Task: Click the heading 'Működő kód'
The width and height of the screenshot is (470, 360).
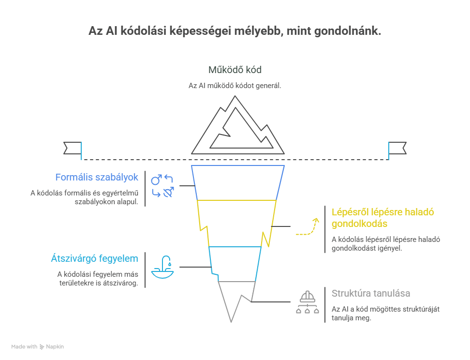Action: pyautogui.click(x=235, y=70)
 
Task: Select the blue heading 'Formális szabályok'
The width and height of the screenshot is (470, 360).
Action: pyautogui.click(x=97, y=177)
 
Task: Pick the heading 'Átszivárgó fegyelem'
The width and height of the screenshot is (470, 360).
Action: pyautogui.click(x=94, y=258)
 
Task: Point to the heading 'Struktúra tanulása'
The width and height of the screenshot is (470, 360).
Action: pyautogui.click(x=371, y=293)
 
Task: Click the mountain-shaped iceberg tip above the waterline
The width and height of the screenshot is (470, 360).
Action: pyautogui.click(x=237, y=127)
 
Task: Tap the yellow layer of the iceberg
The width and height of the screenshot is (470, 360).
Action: pyautogui.click(x=236, y=223)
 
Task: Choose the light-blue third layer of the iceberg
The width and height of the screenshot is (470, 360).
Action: pyautogui.click(x=235, y=263)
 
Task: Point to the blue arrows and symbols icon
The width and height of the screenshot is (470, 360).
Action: pyautogui.click(x=162, y=186)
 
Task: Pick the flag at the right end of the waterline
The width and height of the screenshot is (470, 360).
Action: pyautogui.click(x=397, y=148)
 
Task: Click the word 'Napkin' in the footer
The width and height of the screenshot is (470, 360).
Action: pyautogui.click(x=55, y=346)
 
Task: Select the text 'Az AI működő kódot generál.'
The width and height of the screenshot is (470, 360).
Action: pyautogui.click(x=235, y=86)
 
